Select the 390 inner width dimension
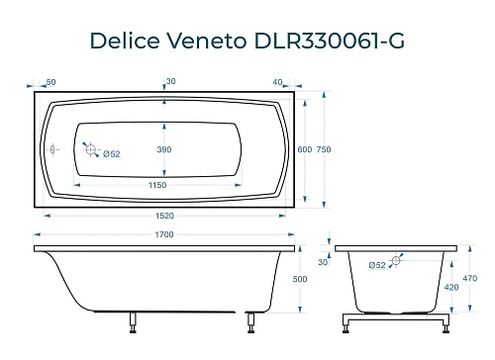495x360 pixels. (x=164, y=149)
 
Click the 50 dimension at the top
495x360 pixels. (x=50, y=81)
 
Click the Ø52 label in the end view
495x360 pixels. (x=376, y=265)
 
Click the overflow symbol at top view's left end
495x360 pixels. (x=53, y=149)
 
